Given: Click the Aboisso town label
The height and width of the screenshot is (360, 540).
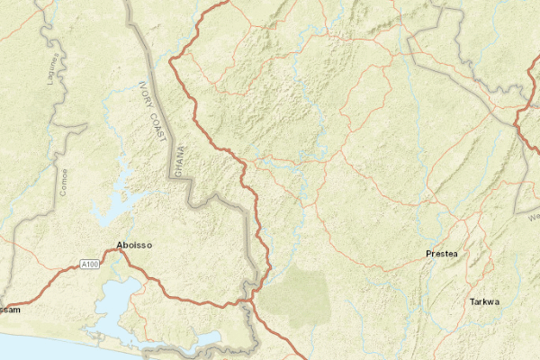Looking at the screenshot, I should [x=134, y=245].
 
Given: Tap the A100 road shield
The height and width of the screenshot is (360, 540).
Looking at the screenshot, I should [x=87, y=264].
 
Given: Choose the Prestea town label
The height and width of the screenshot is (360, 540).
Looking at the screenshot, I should [x=441, y=255].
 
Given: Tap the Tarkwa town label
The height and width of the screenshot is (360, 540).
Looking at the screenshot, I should [x=484, y=301].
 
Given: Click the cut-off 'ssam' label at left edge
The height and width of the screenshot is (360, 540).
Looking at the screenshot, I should [x=10, y=310].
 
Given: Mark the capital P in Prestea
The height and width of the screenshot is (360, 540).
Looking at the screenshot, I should [x=427, y=255].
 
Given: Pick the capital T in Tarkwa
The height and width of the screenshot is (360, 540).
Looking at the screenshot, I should [x=472, y=301].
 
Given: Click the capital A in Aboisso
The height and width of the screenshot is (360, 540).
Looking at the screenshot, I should [x=121, y=245].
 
